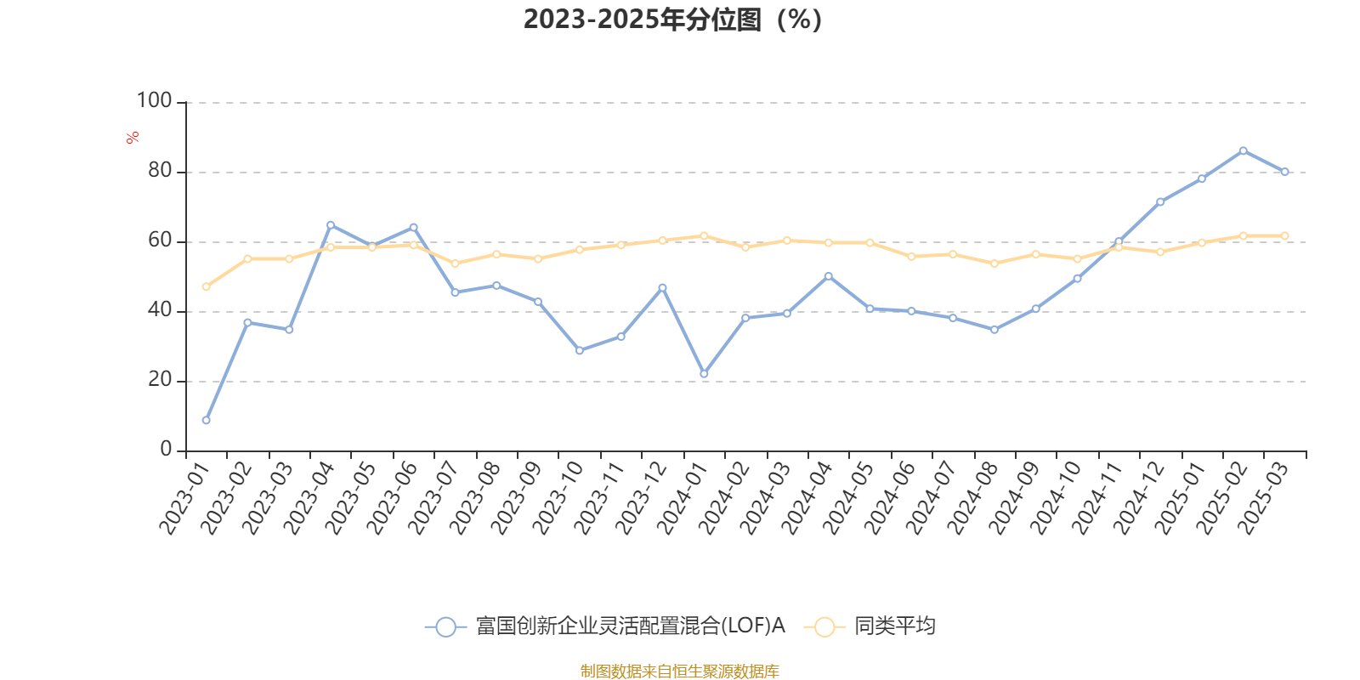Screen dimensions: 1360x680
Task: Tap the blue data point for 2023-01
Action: coord(207,420)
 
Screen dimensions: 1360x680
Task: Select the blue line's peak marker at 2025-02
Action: coord(1244,150)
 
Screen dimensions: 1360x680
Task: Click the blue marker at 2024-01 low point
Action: coord(705,374)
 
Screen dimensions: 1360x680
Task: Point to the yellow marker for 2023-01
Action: coord(207,286)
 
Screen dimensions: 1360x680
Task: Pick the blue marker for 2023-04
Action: coord(331,225)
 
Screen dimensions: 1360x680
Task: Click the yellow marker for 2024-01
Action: coord(705,235)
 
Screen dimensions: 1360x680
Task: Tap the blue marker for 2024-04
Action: coord(829,276)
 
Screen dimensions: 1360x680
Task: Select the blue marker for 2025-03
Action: coord(1284,172)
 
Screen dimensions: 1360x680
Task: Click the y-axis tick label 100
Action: coord(154,101)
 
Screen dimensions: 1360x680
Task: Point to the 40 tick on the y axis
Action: coord(161,310)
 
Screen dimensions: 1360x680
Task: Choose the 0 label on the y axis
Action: coord(167,450)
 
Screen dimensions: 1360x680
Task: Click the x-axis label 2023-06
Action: coord(392,498)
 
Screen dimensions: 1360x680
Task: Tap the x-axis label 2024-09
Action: coord(1014,498)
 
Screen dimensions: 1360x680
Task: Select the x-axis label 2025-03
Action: coord(1263,498)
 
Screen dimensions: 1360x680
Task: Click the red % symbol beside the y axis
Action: coord(133,138)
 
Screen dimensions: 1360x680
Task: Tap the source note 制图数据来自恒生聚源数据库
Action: coord(679,671)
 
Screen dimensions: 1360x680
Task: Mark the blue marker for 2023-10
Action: coord(580,350)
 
